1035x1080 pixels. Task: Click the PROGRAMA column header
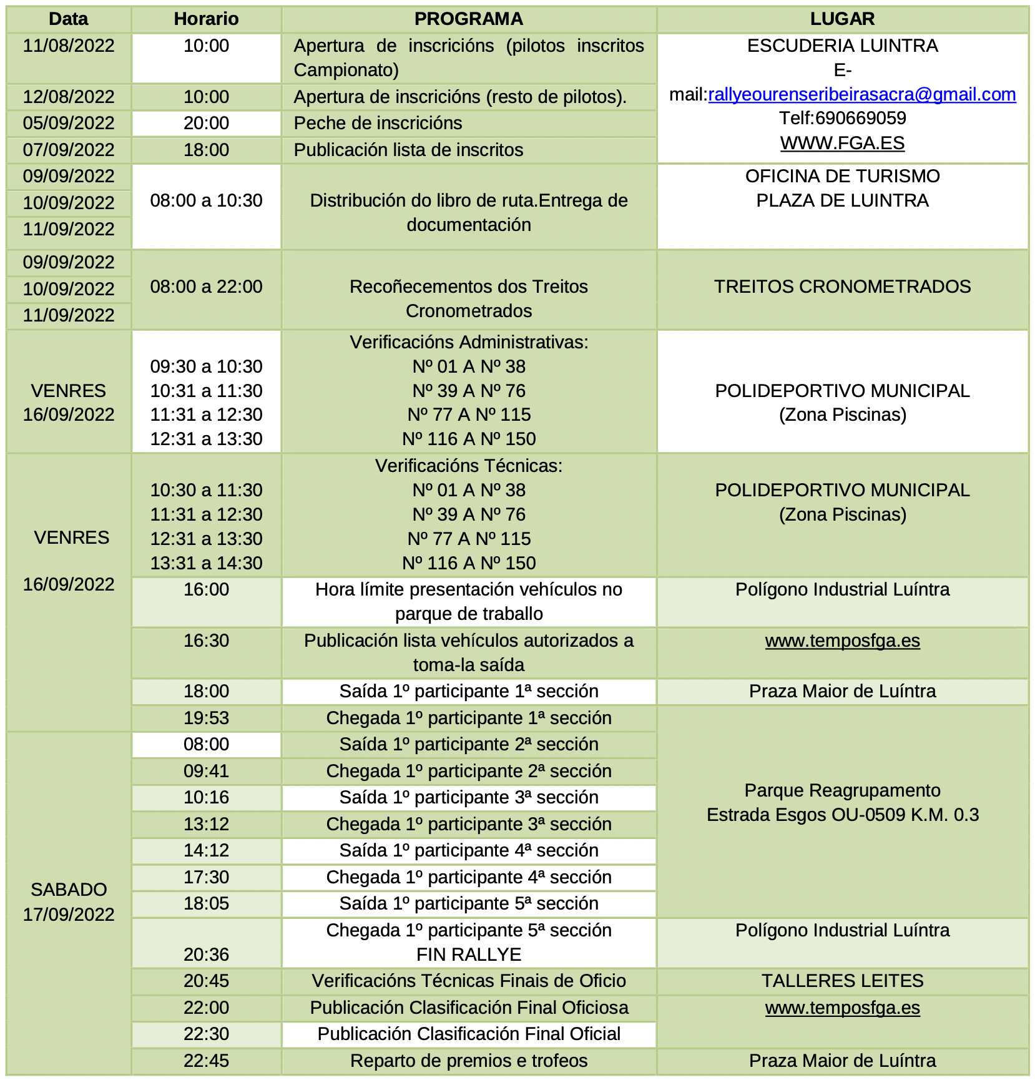click(468, 19)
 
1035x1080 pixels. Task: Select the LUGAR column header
click(842, 19)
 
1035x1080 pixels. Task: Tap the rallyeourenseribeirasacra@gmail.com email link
click(861, 94)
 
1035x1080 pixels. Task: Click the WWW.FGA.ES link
click(842, 143)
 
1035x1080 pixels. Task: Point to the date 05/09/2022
click(69, 123)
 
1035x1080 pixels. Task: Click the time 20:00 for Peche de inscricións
click(206, 123)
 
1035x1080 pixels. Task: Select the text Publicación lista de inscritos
click(408, 150)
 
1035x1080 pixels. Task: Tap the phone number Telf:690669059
click(842, 118)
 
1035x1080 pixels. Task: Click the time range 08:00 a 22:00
click(206, 287)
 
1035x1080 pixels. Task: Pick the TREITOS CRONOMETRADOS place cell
click(842, 287)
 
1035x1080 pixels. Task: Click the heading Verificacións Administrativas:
click(468, 342)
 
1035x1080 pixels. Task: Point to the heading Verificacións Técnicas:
click(468, 466)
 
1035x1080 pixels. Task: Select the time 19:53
click(206, 718)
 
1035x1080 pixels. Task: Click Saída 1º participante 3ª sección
click(468, 797)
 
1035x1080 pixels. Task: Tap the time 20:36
click(206, 955)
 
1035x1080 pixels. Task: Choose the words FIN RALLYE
click(468, 955)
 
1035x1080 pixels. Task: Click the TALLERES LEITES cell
click(842, 981)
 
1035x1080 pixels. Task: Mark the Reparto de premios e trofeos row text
click(468, 1061)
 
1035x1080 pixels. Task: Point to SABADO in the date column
click(69, 890)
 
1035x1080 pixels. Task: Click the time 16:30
click(206, 641)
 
